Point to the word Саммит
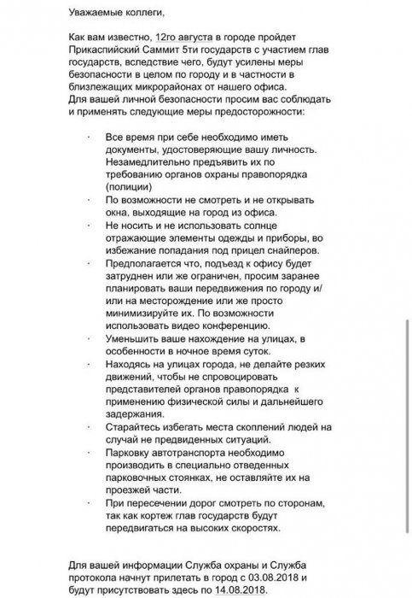(174, 51)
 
